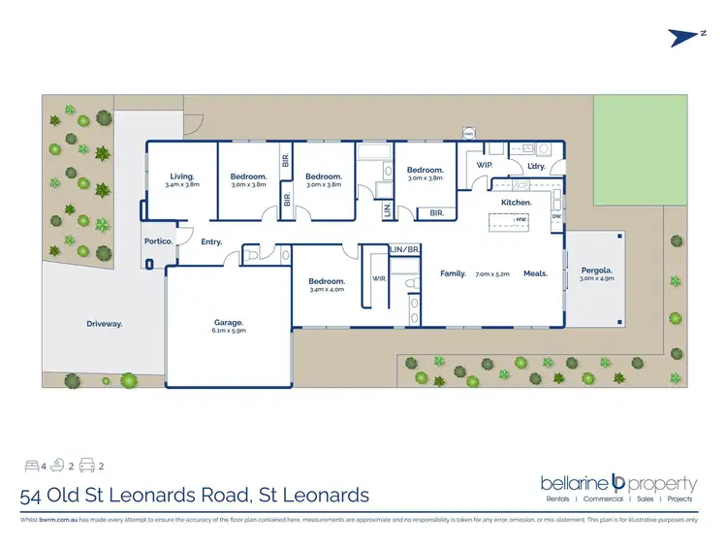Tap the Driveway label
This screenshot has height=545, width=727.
(x=104, y=323)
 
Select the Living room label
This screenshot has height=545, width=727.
(x=181, y=176)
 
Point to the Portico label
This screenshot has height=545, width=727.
(x=158, y=240)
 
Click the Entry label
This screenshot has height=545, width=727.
(x=211, y=241)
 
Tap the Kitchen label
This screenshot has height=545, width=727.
(x=516, y=202)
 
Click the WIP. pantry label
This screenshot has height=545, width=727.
(x=485, y=165)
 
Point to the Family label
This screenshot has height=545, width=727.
(x=453, y=273)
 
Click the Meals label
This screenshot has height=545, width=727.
(x=535, y=273)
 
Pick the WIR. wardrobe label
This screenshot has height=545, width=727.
(x=380, y=278)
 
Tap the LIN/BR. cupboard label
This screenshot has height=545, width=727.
(x=403, y=249)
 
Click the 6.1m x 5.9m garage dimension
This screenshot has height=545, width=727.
(x=228, y=331)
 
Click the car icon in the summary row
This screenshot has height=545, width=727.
(x=85, y=465)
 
